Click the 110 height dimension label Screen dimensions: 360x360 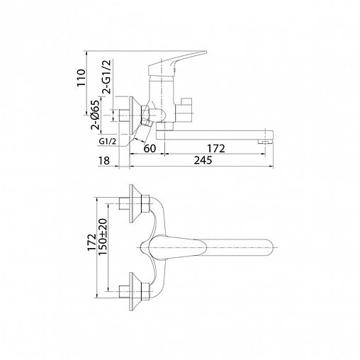pyautogui.click(x=81, y=78)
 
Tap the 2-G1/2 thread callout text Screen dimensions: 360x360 pyautogui.click(x=106, y=77)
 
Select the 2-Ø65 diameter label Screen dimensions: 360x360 pyautogui.click(x=95, y=115)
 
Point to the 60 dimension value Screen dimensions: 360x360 pyautogui.click(x=150, y=148)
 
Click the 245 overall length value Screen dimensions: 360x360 pyautogui.click(x=203, y=160)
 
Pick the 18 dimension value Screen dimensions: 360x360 pyautogui.click(x=104, y=161)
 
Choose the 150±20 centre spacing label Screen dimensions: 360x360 pyautogui.click(x=103, y=237)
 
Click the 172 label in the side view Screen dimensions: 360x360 pyautogui.click(x=216, y=149)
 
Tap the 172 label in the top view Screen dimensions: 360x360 pyautogui.click(x=91, y=242)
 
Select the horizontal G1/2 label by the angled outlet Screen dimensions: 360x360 pyautogui.click(x=108, y=142)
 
